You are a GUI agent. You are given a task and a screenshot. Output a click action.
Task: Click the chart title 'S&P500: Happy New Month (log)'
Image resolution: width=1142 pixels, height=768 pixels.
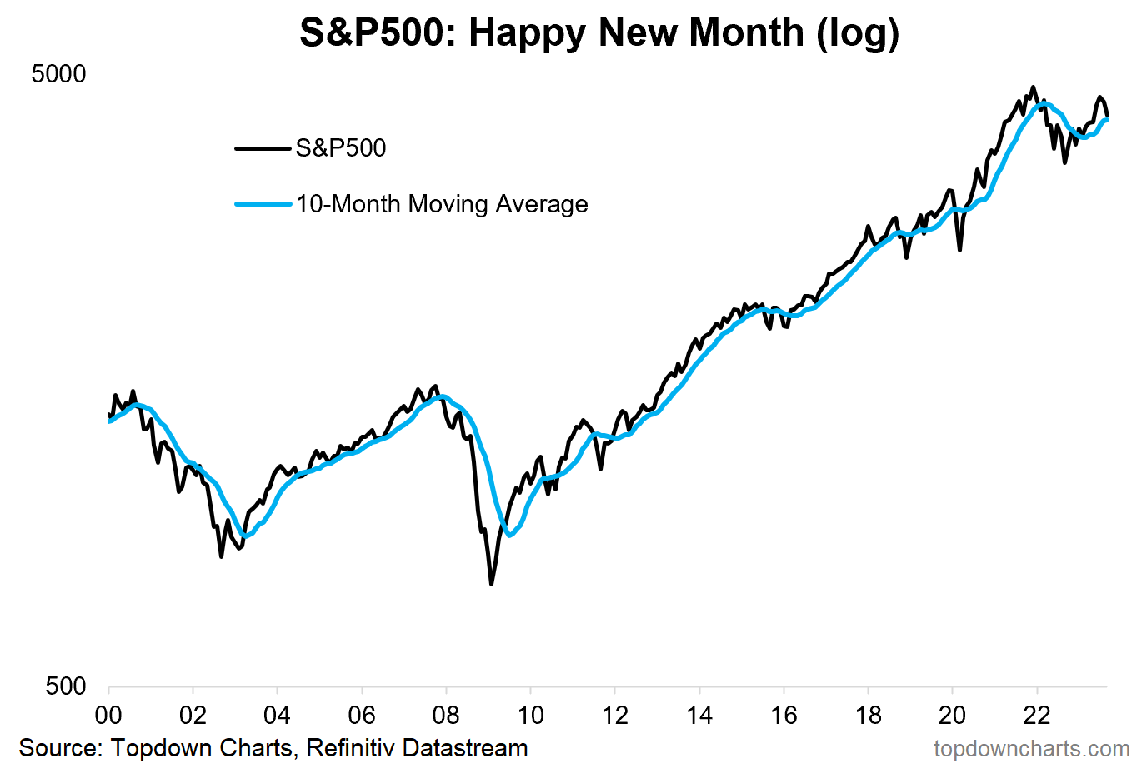(599, 33)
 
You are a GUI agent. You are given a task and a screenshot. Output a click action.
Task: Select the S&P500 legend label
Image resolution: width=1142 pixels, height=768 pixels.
(341, 148)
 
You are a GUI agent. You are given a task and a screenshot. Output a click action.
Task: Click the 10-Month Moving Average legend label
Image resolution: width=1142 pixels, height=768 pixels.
(442, 204)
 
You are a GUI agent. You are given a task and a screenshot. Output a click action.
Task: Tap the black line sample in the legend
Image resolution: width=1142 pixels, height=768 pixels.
(263, 148)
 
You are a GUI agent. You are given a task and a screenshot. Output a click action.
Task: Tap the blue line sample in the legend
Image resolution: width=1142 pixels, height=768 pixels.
(263, 204)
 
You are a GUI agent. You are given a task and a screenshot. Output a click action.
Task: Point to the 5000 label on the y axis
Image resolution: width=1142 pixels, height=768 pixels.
(58, 74)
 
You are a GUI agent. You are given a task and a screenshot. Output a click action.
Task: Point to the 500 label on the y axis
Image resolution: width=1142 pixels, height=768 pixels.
(66, 686)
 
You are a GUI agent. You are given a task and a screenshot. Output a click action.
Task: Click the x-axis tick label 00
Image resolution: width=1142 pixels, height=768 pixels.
(108, 716)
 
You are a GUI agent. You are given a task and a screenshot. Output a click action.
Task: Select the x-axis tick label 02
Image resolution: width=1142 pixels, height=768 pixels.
(193, 716)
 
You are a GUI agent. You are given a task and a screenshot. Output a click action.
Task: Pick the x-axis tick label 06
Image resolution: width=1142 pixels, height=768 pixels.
(362, 716)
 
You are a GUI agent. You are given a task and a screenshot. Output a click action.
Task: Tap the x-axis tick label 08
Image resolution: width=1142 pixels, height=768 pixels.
(446, 716)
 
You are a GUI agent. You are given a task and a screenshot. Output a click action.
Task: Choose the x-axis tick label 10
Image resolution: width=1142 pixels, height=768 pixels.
(530, 716)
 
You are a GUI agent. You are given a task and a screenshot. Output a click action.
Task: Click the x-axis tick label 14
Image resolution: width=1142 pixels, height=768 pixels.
(699, 716)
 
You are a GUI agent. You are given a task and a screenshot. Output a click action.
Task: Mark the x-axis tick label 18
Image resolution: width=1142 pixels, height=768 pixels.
(868, 716)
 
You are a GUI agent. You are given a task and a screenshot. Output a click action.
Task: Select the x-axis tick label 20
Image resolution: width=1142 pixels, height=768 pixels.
(952, 716)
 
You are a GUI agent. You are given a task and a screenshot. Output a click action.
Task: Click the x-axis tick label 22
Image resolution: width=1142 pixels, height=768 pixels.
(1037, 716)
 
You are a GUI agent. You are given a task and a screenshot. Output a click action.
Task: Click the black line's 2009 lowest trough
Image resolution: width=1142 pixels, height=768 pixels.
(491, 584)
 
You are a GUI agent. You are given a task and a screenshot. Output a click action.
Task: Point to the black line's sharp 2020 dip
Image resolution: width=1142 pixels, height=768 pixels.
(960, 249)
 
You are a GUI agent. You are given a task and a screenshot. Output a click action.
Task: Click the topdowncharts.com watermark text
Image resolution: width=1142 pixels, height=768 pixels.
(1032, 748)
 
